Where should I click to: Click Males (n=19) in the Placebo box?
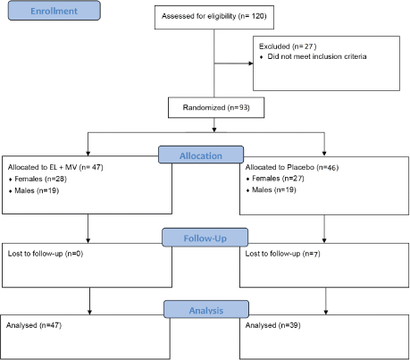[x=274, y=191]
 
